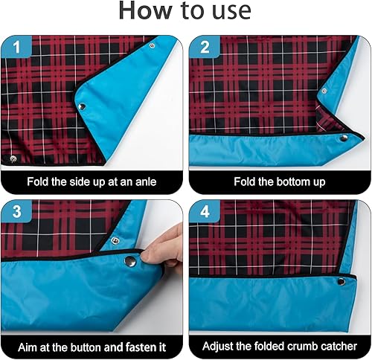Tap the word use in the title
point(228,12)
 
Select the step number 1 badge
point(16,49)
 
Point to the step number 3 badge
point(16,212)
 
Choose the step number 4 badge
point(203,212)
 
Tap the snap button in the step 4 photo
point(341,280)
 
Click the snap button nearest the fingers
point(129,261)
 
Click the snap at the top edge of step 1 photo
point(152,45)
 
